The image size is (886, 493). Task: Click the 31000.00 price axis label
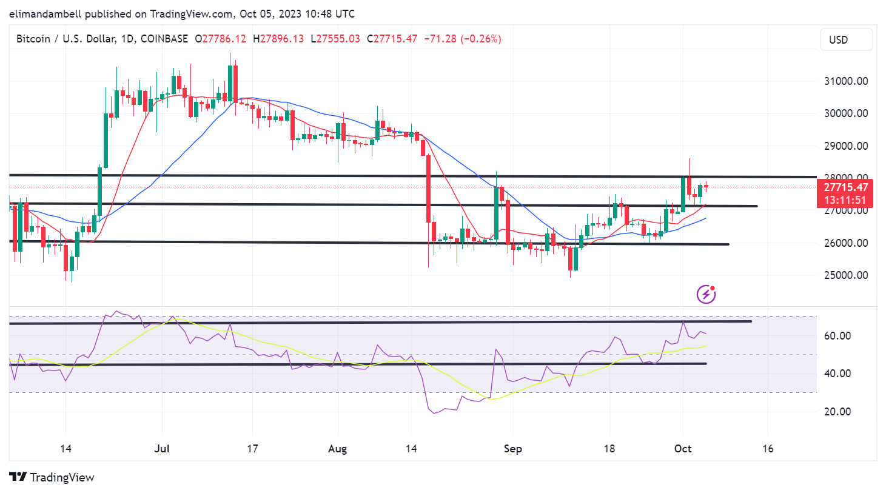(845, 81)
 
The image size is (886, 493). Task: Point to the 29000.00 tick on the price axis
(845, 146)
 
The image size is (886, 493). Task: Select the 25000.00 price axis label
(845, 275)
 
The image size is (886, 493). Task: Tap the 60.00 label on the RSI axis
(837, 336)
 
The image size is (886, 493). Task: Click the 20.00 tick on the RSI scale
(837, 412)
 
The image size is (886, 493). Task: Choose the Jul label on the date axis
(162, 449)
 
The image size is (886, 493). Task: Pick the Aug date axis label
(337, 449)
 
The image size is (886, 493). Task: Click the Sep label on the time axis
(512, 449)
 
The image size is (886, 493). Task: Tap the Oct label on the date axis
(683, 449)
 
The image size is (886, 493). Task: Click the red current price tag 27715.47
(845, 187)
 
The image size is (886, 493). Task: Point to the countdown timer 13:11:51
(845, 200)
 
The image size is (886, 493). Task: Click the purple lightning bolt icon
(706, 295)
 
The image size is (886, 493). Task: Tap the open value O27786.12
(220, 39)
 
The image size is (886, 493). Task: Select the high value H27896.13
(278, 39)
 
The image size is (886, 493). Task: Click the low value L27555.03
(335, 39)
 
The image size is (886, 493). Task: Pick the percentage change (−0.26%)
(481, 39)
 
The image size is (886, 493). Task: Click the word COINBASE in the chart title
(164, 39)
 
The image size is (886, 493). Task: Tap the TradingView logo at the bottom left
(52, 477)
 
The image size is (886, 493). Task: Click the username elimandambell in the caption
(45, 13)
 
